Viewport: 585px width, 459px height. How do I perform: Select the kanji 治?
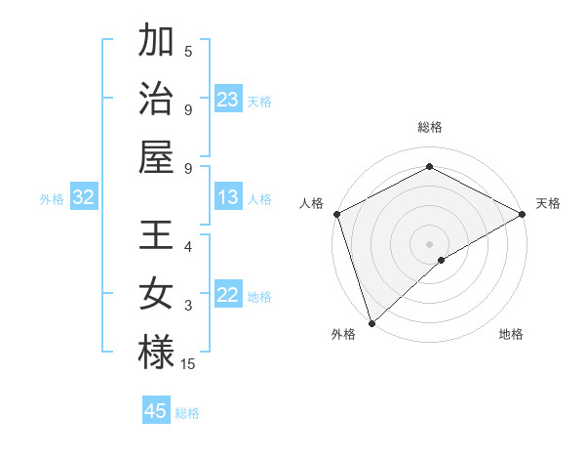coord(156,98)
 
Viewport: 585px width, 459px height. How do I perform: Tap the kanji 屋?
coord(156,154)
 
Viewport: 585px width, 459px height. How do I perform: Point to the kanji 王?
coord(156,236)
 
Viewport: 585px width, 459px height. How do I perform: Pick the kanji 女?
coord(156,293)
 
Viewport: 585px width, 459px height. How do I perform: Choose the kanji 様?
coord(156,352)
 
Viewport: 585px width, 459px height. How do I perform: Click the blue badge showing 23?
coord(228,100)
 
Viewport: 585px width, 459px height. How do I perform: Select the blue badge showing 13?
coord(228,198)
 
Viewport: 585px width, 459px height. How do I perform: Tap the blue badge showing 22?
coord(228,296)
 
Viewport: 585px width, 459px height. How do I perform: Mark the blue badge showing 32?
coord(84,198)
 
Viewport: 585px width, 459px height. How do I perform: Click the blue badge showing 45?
coord(156,411)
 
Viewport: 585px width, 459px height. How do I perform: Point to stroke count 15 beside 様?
coord(188,364)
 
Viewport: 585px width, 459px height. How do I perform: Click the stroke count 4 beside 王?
coord(188,247)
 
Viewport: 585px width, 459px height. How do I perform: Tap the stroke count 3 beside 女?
coord(188,306)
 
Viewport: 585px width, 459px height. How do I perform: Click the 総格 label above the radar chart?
coord(429,127)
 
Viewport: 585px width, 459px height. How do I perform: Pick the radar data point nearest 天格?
coord(523,214)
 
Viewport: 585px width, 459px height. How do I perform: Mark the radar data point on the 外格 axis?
coord(371,322)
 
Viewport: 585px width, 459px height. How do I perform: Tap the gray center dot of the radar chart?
coord(429,243)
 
